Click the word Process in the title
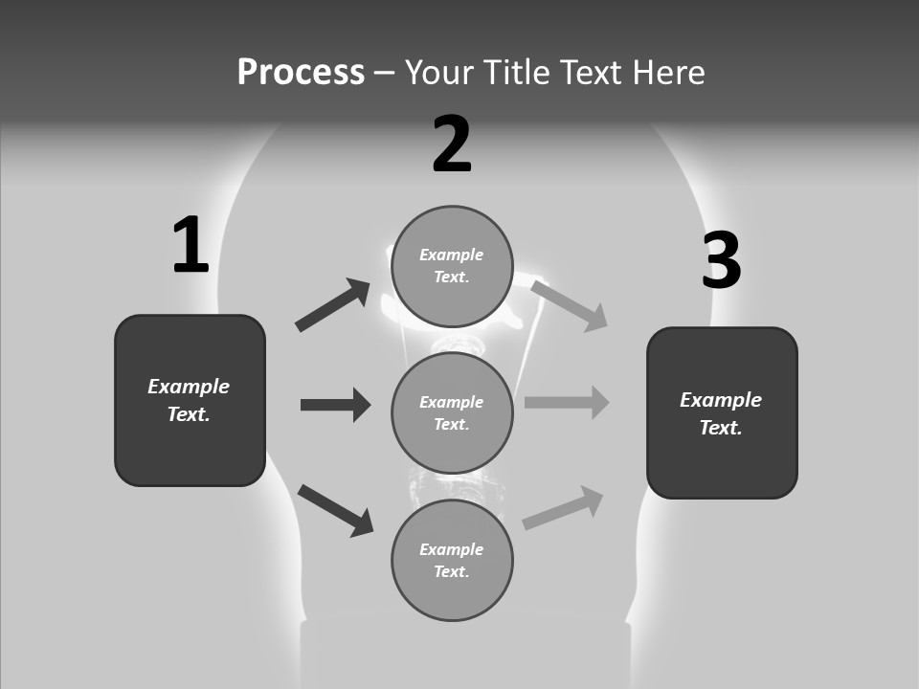click(x=301, y=73)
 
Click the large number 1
click(x=191, y=246)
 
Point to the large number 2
click(x=452, y=144)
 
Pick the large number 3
click(x=721, y=261)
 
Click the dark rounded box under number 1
click(x=190, y=400)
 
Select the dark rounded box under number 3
click(x=722, y=412)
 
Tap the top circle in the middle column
click(x=452, y=266)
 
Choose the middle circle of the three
click(x=452, y=412)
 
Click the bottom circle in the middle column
click(x=452, y=560)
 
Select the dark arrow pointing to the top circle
click(x=332, y=305)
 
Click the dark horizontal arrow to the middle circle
click(x=335, y=405)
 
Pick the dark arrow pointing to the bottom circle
click(x=335, y=510)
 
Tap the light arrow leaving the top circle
click(x=570, y=305)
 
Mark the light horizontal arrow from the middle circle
click(x=567, y=403)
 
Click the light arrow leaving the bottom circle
click(x=563, y=508)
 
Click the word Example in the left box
click(x=189, y=387)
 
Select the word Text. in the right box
click(x=721, y=428)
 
